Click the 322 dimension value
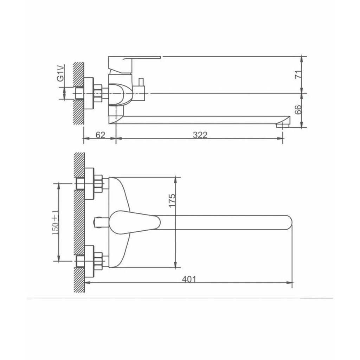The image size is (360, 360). pyautogui.click(x=200, y=135)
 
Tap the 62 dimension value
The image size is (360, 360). pyautogui.click(x=100, y=135)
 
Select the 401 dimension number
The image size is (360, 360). pyautogui.click(x=189, y=279)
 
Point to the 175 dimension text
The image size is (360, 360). pyautogui.click(x=172, y=201)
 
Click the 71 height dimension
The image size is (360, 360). pyautogui.click(x=298, y=75)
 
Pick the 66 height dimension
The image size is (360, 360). pyautogui.click(x=298, y=110)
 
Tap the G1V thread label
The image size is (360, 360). pyautogui.click(x=60, y=73)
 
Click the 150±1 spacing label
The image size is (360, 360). pyautogui.click(x=55, y=223)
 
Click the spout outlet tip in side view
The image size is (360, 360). pyautogui.click(x=283, y=125)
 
